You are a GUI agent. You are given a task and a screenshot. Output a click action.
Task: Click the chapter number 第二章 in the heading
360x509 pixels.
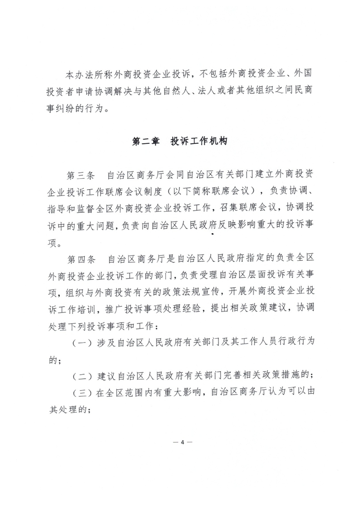(x=145, y=142)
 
